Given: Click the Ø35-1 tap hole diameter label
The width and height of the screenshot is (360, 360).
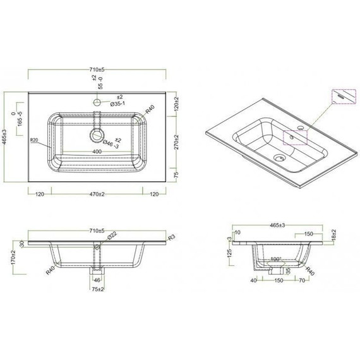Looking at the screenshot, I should (121, 104).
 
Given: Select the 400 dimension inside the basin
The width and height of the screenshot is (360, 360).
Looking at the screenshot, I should (97, 152).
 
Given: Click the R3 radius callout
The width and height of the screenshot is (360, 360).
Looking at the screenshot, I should (172, 238).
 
